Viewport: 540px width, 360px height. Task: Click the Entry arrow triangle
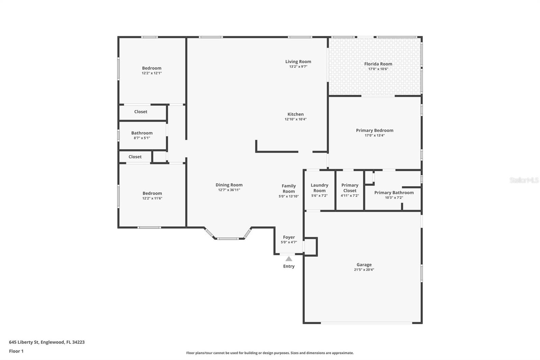[x=289, y=259]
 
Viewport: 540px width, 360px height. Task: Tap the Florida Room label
[x=378, y=64]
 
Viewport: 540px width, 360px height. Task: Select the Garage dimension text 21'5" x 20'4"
[x=364, y=269]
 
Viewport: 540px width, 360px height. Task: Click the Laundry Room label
[x=319, y=188]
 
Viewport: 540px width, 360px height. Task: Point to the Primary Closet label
[x=350, y=188]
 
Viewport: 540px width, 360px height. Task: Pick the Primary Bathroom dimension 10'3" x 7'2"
[x=394, y=198]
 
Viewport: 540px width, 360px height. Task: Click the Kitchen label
[x=295, y=114]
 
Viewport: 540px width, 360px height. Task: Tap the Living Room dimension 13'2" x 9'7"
[x=298, y=67]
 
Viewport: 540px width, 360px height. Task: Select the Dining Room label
[x=229, y=185]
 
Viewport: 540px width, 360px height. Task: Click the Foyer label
[x=289, y=237]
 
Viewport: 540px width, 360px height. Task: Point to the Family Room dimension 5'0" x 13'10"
[x=289, y=196]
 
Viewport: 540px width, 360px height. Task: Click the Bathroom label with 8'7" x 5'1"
[x=142, y=133]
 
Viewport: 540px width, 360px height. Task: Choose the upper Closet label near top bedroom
[x=141, y=112]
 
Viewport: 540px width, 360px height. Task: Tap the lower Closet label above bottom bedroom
[x=135, y=157]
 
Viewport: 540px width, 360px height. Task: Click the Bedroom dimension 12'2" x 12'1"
[x=152, y=73]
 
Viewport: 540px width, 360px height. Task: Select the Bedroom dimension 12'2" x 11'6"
[x=152, y=198]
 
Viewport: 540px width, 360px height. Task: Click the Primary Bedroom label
[x=375, y=130]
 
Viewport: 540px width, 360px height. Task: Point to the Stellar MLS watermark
[x=524, y=180]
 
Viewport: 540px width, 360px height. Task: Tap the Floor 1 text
[x=16, y=351]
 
